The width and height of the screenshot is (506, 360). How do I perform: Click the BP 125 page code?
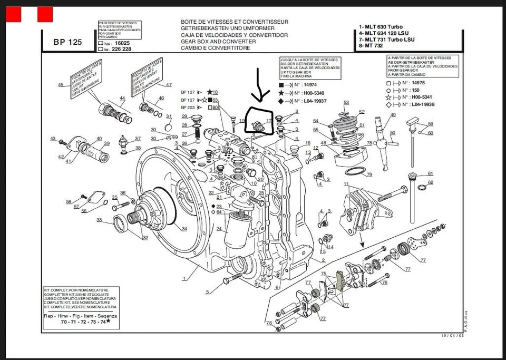coord(67,43)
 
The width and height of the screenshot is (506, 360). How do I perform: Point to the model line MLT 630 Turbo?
coord(382,26)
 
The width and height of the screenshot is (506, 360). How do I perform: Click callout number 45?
coord(61,85)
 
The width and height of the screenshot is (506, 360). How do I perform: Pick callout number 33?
coord(99,220)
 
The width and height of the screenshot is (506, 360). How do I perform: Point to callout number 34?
coord(184,228)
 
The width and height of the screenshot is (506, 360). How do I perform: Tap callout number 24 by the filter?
coord(219,229)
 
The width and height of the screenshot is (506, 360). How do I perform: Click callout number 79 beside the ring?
coord(369,174)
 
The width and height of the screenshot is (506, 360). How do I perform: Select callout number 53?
coord(346,102)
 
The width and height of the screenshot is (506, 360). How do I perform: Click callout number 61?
coord(431,173)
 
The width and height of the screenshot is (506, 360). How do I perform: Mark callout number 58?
coord(69,202)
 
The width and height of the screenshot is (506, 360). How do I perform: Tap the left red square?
coord(13,15)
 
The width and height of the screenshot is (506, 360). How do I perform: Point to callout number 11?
coord(346,184)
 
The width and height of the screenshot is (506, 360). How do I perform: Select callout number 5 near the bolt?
coord(208,291)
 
